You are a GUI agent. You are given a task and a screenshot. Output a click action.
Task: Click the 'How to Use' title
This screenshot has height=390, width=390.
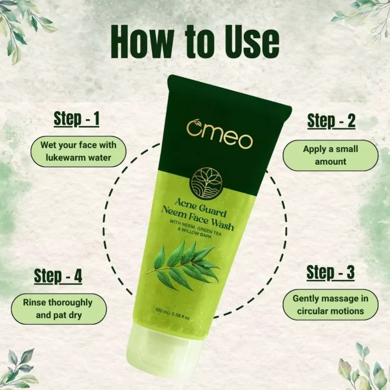195,42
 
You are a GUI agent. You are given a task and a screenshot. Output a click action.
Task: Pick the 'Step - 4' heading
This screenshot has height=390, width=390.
58,276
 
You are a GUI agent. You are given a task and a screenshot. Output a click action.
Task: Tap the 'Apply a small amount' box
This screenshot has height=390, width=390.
331,155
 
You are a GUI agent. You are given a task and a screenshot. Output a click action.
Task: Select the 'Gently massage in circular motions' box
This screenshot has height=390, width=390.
331,304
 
